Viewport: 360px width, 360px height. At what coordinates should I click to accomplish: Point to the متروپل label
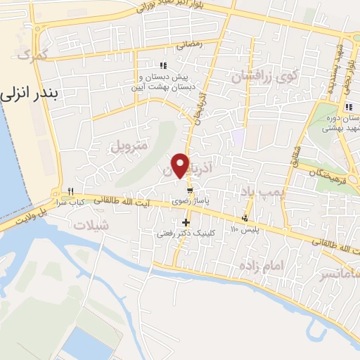point(128,146)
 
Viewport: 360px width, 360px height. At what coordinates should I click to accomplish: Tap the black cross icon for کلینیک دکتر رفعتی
point(186,223)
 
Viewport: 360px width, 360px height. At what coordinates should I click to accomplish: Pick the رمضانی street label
point(189,44)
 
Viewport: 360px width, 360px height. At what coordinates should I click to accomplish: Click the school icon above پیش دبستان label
point(164,65)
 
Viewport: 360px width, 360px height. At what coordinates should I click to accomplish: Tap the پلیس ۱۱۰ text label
point(246,230)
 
